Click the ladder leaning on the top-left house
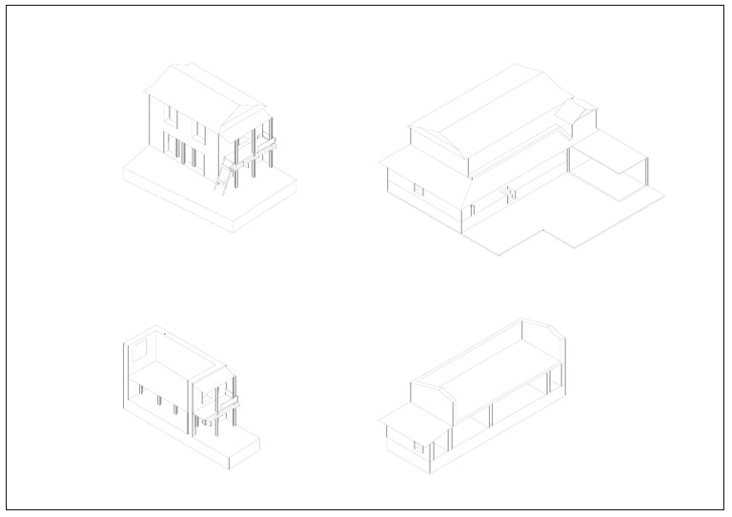click(224, 177)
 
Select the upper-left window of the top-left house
click(173, 114)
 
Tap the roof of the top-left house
click(200, 90)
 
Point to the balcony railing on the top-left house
click(255, 149)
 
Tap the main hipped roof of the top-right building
click(496, 114)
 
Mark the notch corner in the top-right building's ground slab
click(543, 230)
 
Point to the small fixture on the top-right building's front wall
click(510, 193)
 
